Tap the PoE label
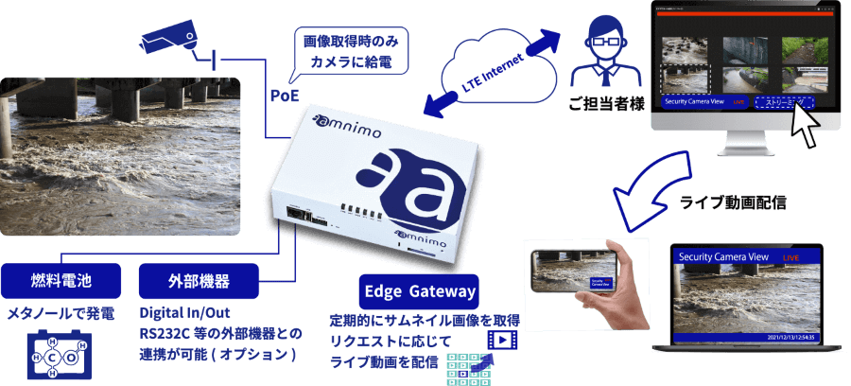tap(287, 96)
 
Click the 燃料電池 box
tap(61, 281)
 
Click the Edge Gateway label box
tap(418, 290)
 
